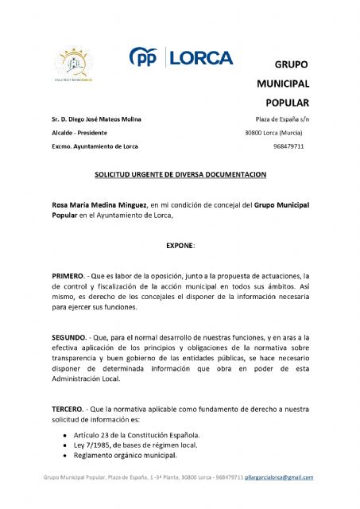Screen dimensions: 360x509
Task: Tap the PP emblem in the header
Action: coord(145,58)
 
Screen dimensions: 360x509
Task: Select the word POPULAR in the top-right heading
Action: coord(282,103)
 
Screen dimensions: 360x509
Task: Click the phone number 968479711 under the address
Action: coord(288,146)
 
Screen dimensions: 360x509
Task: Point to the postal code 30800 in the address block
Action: coord(255,133)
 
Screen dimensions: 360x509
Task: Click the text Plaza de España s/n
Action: coord(277,119)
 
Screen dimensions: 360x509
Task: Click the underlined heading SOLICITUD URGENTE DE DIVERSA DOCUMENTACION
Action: coord(180,173)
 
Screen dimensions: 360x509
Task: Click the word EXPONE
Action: coord(179,246)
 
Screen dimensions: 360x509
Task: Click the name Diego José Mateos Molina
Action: coord(103,119)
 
